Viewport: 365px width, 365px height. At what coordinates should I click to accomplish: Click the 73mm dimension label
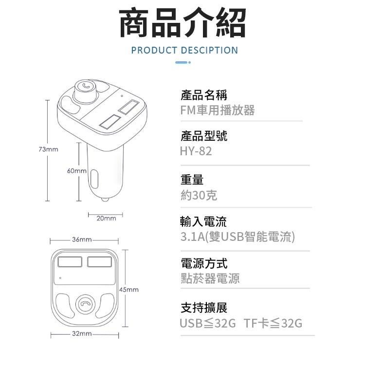pyautogui.click(x=48, y=149)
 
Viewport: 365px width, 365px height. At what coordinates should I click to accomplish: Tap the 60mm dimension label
pyautogui.click(x=76, y=171)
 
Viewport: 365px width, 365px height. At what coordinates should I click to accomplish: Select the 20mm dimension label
pyautogui.click(x=106, y=219)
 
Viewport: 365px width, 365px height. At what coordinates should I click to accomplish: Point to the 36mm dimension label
pyautogui.click(x=82, y=240)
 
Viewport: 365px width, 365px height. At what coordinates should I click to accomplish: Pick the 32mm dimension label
pyautogui.click(x=82, y=334)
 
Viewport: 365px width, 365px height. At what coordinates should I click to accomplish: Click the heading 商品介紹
pyautogui.click(x=182, y=23)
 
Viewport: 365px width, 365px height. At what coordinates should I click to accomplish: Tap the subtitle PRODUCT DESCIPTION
pyautogui.click(x=184, y=50)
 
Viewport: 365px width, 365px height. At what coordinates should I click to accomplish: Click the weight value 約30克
pyautogui.click(x=199, y=195)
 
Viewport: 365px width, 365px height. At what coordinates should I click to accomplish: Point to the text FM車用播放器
pyautogui.click(x=217, y=110)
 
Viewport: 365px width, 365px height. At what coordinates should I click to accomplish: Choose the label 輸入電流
pyautogui.click(x=203, y=222)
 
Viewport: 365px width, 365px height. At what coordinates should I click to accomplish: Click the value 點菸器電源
pyautogui.click(x=210, y=279)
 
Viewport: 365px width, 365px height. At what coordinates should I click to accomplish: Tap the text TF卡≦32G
pyautogui.click(x=273, y=323)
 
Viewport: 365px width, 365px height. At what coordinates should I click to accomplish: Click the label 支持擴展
pyautogui.click(x=203, y=308)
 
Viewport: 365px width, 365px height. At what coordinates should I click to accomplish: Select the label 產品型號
pyautogui.click(x=203, y=136)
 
